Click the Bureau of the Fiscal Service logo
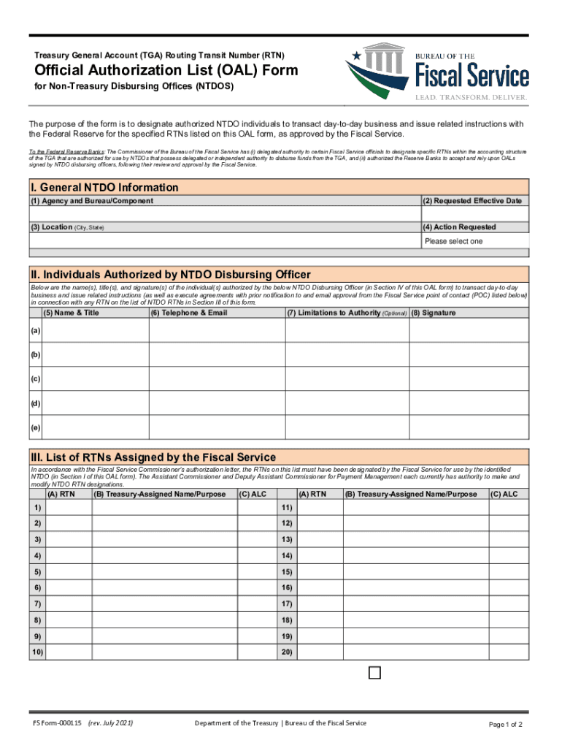(x=437, y=72)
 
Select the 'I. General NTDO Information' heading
(x=104, y=188)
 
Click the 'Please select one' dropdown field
(x=474, y=241)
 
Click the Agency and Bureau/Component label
(x=92, y=201)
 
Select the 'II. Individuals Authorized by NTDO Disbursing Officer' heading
(x=170, y=275)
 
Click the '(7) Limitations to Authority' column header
(x=346, y=313)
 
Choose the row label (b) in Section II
(x=36, y=355)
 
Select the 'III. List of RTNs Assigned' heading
(x=153, y=457)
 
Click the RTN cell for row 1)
(x=68, y=508)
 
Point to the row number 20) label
(x=287, y=652)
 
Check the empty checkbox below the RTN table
(x=374, y=673)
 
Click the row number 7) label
(x=36, y=604)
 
